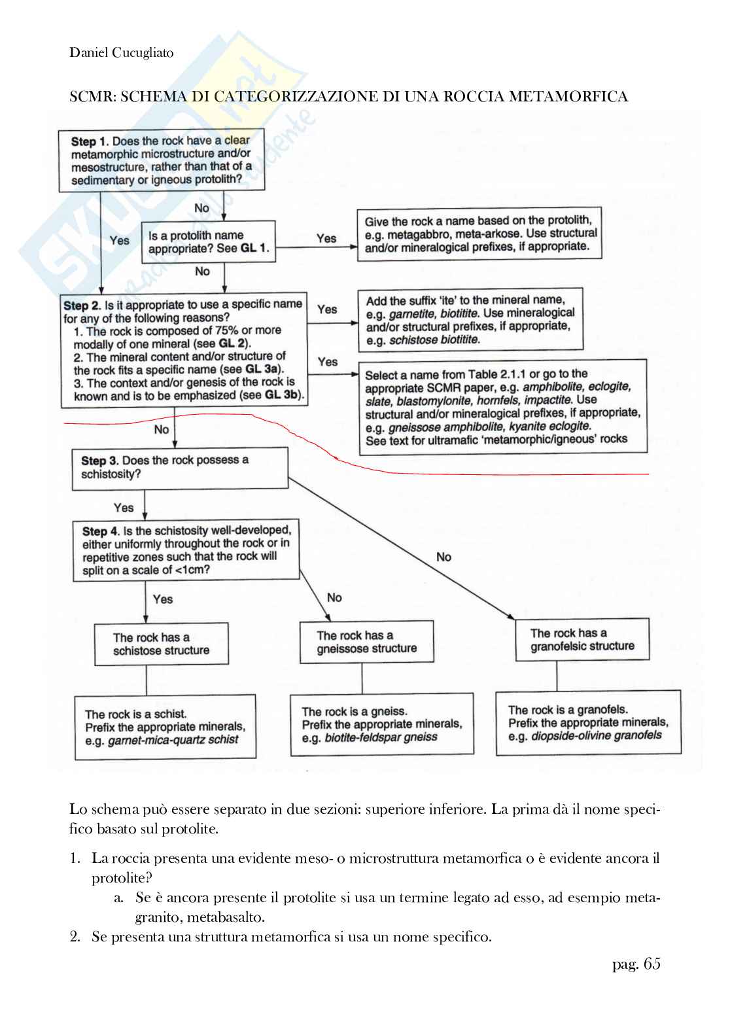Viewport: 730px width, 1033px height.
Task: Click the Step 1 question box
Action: (x=162, y=160)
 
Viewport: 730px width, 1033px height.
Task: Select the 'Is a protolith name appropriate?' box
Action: (x=208, y=242)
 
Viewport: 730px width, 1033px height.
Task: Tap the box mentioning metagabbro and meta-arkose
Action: (x=479, y=234)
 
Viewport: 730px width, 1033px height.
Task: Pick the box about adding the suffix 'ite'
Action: (x=470, y=320)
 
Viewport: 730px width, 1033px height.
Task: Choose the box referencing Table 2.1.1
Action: (x=502, y=407)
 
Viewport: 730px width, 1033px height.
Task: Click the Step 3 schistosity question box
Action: (x=180, y=467)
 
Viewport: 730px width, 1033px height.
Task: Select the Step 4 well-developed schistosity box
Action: (x=186, y=550)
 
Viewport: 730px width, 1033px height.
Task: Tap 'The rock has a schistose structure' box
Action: (x=161, y=644)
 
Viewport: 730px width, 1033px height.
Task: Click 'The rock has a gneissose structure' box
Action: (x=366, y=642)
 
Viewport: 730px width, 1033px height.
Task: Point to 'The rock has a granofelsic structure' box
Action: (x=582, y=640)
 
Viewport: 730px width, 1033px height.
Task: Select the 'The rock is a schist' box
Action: (x=165, y=727)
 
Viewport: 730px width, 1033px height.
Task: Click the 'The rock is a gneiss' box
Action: (x=381, y=724)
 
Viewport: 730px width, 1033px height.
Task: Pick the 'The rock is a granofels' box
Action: (x=587, y=723)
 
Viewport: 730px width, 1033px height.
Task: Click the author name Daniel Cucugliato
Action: (x=122, y=52)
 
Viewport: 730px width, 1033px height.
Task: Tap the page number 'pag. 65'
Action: (x=636, y=964)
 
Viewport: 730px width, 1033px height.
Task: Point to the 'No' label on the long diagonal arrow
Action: (x=443, y=557)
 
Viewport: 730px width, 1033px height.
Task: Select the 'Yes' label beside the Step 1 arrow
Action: (x=119, y=240)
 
